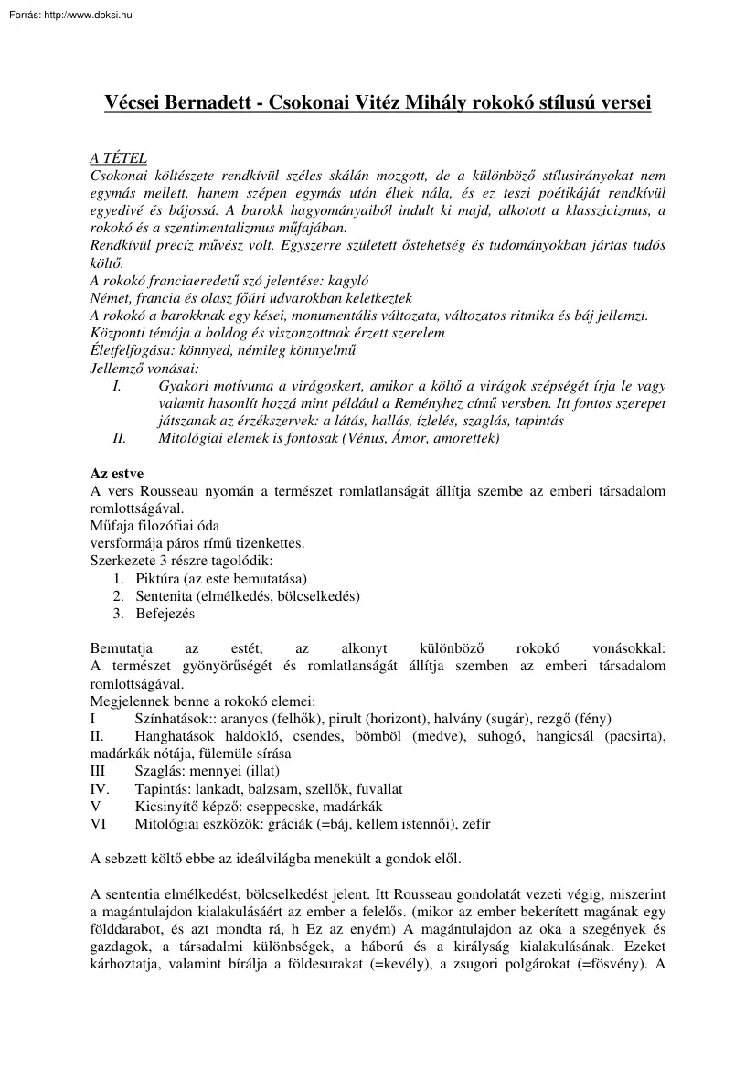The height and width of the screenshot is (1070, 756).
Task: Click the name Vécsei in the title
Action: (136, 104)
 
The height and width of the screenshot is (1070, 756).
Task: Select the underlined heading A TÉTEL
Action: (119, 158)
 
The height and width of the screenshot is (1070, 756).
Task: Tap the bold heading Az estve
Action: (117, 475)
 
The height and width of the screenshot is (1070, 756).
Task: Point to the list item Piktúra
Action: (157, 580)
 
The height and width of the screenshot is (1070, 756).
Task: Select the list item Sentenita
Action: (167, 596)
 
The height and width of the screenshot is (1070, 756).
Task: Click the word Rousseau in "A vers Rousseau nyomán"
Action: (175, 491)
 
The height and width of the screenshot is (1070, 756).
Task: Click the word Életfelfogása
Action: (133, 350)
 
